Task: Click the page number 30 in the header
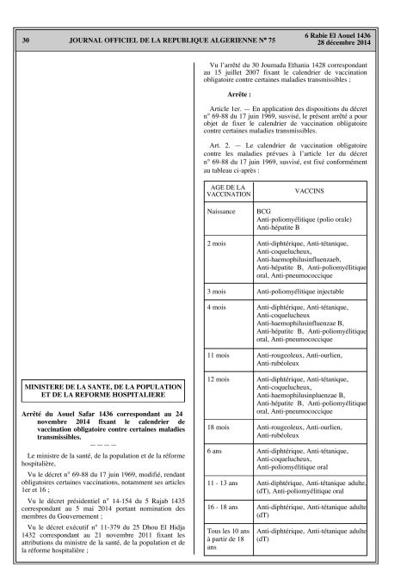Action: click(x=26, y=40)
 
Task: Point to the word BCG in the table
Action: click(x=262, y=211)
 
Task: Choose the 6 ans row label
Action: click(x=216, y=450)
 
